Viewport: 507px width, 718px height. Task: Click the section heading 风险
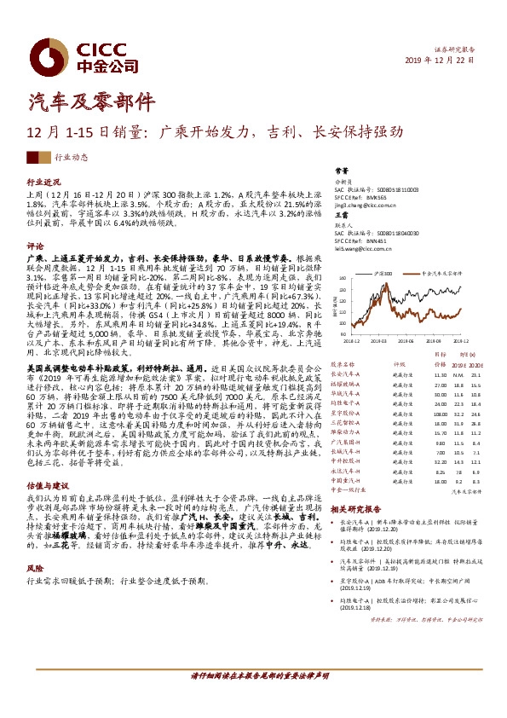pyautogui.click(x=35, y=567)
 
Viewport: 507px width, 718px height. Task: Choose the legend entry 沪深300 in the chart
pyautogui.click(x=383, y=275)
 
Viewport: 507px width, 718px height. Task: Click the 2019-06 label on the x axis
pyautogui.click(x=408, y=338)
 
